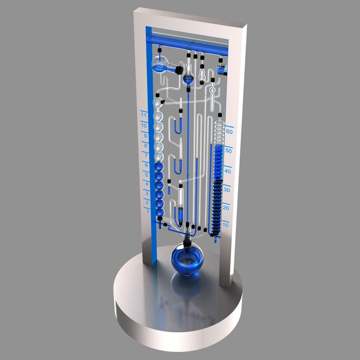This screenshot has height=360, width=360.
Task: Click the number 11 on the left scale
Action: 144,115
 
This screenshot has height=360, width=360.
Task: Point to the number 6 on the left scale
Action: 146,165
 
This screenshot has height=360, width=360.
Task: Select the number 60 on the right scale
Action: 229,131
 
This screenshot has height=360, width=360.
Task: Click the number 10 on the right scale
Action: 225,225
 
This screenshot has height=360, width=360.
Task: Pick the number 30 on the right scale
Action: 227,190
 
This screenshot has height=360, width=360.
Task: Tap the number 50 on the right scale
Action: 228,151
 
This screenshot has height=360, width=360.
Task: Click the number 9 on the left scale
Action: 145,136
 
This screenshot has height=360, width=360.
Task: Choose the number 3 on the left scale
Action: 147,193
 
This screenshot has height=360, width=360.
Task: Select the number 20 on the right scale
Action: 226,208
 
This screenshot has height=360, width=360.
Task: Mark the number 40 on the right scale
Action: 227,171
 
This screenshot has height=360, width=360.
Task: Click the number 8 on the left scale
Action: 145,146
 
